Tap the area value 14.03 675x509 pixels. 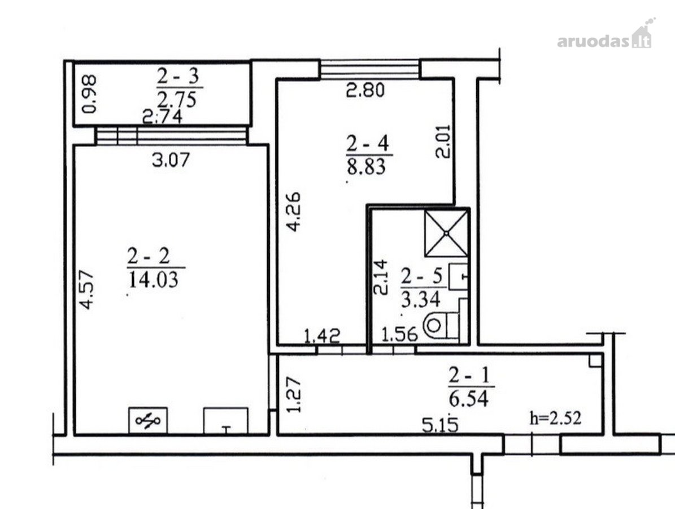pos(153,280)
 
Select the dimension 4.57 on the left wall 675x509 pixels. pos(86,290)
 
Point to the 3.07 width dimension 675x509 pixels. pos(171,160)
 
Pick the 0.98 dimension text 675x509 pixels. pos(90,94)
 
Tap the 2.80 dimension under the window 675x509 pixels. pos(365,90)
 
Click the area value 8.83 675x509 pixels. pos(367,167)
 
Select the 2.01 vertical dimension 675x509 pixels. pos(443,141)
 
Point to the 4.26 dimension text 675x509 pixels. pos(294,212)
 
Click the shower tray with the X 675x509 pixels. pos(446,233)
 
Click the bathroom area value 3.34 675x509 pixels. pos(421,299)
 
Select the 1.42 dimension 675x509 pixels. pos(322,336)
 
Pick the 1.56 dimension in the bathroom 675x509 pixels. pos(400,334)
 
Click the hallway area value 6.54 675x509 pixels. pos(469,398)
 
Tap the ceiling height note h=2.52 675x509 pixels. pos(555,417)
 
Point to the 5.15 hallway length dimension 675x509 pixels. pos(440,425)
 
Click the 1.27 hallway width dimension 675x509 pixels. pos(294,395)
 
